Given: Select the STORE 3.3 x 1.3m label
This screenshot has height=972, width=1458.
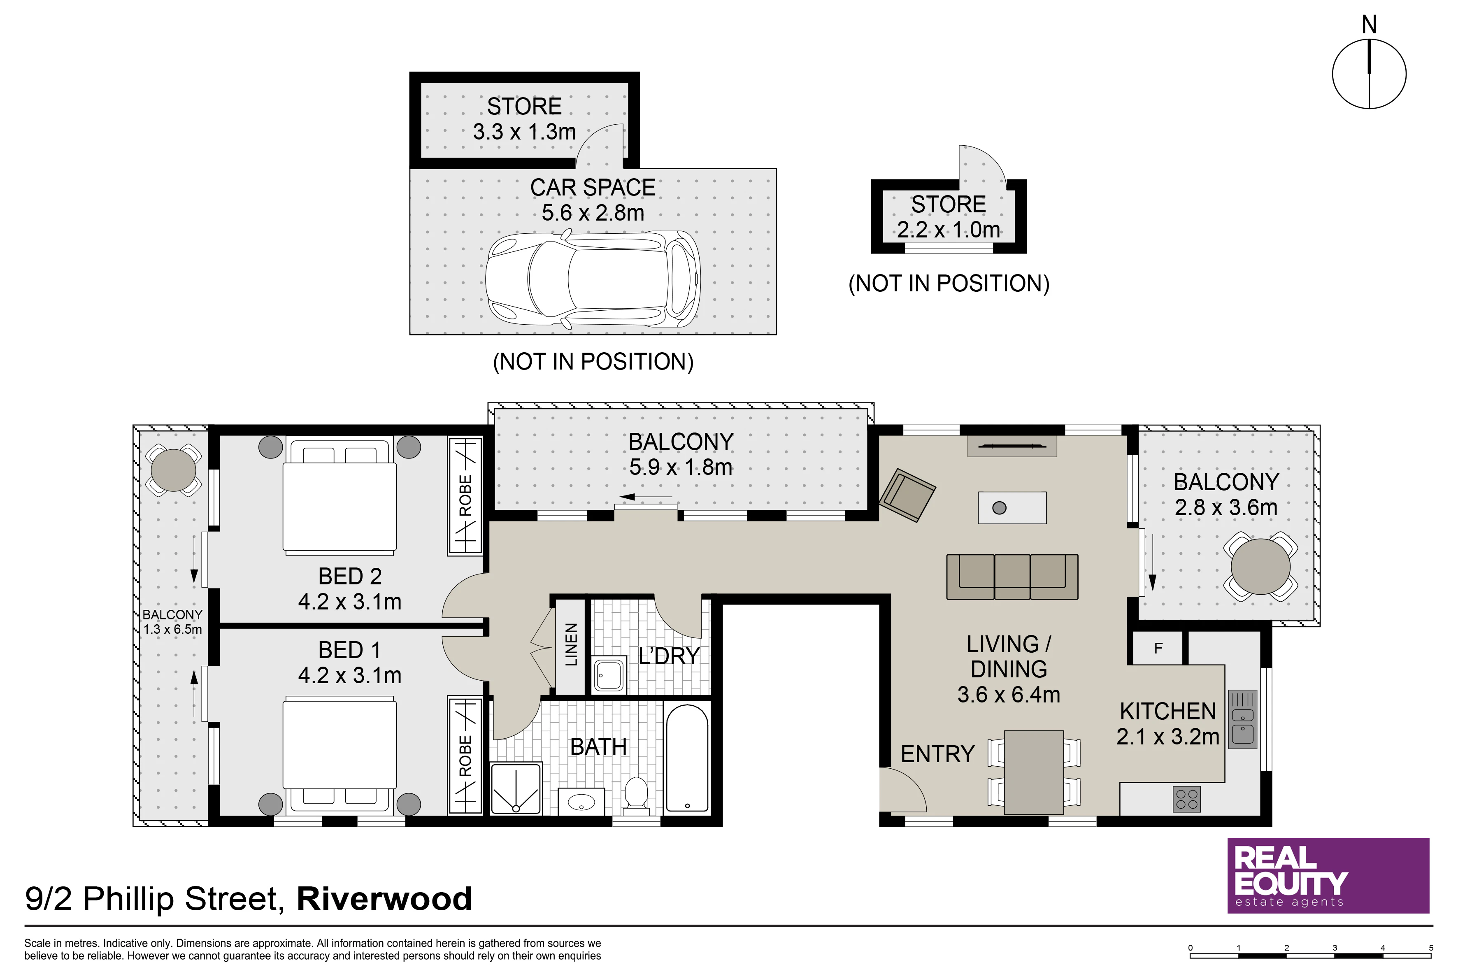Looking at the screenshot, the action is pyautogui.click(x=524, y=119).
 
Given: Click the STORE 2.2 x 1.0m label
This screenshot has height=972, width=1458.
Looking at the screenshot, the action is pyautogui.click(x=949, y=217).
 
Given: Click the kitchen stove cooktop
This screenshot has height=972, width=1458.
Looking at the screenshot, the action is pyautogui.click(x=1186, y=799).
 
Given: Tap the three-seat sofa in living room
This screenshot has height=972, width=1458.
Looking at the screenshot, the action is pyautogui.click(x=1012, y=577).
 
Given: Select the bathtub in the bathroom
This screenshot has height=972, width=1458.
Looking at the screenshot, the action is pyautogui.click(x=686, y=758).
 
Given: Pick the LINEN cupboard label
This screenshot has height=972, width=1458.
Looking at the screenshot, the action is pyautogui.click(x=571, y=645).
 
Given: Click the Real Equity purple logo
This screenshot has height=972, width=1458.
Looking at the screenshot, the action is pyautogui.click(x=1328, y=876).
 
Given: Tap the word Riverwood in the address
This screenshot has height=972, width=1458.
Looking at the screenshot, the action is pyautogui.click(x=384, y=899).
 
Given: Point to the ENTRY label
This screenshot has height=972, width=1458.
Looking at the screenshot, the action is pyautogui.click(x=937, y=754).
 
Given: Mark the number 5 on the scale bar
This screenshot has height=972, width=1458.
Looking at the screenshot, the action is pyautogui.click(x=1431, y=948).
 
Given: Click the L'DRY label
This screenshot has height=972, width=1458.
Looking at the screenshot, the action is pyautogui.click(x=669, y=656).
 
